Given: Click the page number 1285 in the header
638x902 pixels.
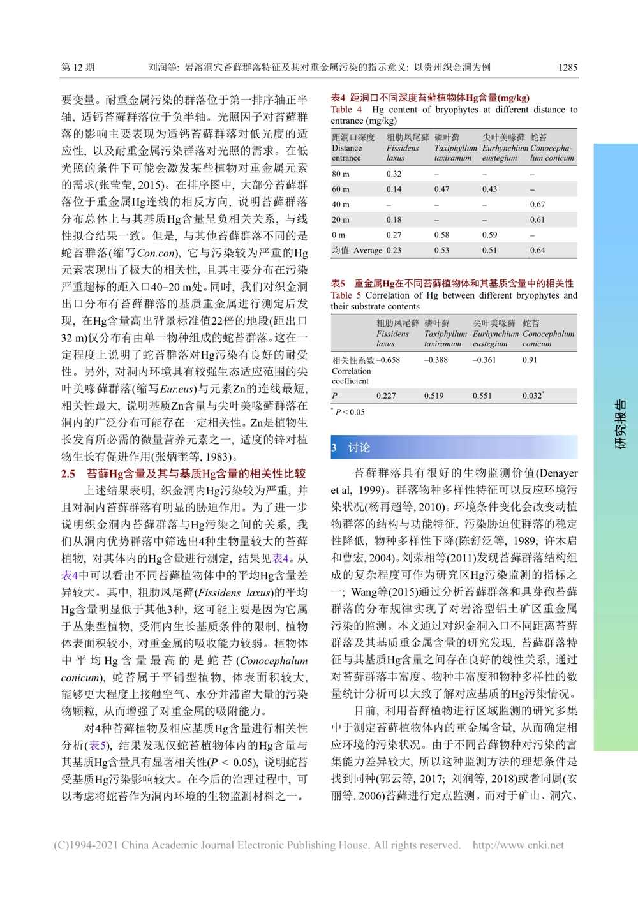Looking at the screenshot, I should [x=567, y=67].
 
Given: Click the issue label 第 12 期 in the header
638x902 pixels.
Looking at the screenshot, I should [x=78, y=67].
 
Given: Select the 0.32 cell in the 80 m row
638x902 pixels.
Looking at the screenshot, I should [x=394, y=174].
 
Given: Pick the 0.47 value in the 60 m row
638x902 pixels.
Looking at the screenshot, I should [x=441, y=189].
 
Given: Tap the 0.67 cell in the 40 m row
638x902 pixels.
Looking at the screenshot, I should [x=537, y=204].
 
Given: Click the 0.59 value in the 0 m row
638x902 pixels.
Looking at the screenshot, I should [x=489, y=235].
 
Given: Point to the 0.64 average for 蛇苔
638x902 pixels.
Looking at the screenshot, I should [x=537, y=250].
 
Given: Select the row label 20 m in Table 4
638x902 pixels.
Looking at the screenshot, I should [x=340, y=219].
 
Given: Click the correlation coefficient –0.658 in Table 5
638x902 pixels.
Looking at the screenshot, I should [x=388, y=360].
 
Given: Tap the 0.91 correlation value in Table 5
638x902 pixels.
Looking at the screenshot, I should [x=530, y=360].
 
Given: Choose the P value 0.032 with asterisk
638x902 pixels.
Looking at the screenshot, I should [x=533, y=396].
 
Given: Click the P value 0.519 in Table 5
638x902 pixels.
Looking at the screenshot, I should [x=434, y=396].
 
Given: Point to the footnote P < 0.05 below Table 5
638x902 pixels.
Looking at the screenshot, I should [x=349, y=412].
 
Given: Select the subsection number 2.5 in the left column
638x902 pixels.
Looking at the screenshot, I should [x=68, y=474].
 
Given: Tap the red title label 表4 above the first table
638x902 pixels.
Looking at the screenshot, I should [x=338, y=98].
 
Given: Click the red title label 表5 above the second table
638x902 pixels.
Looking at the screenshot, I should [x=338, y=283].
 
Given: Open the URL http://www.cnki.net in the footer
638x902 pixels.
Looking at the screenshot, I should [x=518, y=845].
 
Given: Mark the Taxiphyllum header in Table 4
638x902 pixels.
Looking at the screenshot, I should [x=455, y=148].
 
